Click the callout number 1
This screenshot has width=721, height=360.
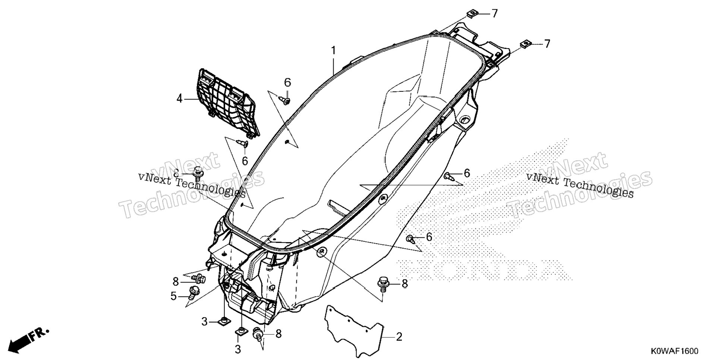click(x=334, y=50)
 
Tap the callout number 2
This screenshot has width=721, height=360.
click(x=399, y=337)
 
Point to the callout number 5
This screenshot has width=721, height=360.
click(x=173, y=296)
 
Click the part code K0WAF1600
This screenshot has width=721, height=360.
click(x=675, y=351)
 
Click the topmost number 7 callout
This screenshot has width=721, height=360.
click(x=494, y=14)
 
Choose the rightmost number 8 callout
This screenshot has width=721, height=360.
click(x=404, y=284)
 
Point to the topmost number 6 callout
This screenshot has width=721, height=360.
click(x=287, y=83)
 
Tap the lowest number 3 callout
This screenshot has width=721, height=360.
click(x=238, y=349)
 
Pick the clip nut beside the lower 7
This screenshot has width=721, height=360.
click(x=526, y=44)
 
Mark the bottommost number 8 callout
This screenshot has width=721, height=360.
click(x=278, y=334)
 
